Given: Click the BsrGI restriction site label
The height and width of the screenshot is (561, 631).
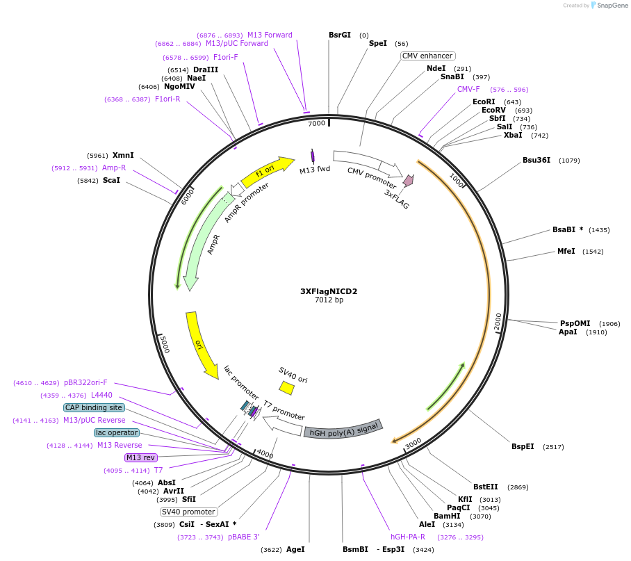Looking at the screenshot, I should (x=340, y=35).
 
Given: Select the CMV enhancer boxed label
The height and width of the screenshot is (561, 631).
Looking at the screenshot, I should (x=427, y=56).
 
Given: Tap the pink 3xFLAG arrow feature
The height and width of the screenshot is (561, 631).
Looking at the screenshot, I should (x=408, y=181).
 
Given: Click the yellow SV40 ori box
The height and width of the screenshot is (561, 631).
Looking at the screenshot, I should (x=286, y=387).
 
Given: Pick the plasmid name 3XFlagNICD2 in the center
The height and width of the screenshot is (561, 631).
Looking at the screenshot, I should (x=329, y=291).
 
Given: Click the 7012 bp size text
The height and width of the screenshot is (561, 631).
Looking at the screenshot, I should (x=329, y=300).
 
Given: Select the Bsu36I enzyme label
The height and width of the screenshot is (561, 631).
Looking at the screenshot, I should (x=536, y=160).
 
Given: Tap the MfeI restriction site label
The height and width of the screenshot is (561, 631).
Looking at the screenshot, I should (x=566, y=251).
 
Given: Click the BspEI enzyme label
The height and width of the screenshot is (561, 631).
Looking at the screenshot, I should (x=523, y=446).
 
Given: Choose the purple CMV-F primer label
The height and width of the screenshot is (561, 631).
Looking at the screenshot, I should (x=468, y=89).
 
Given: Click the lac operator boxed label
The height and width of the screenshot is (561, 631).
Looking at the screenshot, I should (x=117, y=432).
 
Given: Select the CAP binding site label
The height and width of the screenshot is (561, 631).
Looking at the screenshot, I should (x=93, y=407).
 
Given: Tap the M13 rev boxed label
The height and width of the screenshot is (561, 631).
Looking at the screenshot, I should (x=140, y=457).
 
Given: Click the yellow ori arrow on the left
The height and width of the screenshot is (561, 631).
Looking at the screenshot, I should (x=201, y=344).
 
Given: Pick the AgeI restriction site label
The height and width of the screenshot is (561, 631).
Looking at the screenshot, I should (x=295, y=549).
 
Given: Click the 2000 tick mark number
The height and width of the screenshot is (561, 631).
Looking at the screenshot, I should (x=498, y=322).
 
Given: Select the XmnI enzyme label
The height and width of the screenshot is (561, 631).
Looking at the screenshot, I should (x=123, y=155).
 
